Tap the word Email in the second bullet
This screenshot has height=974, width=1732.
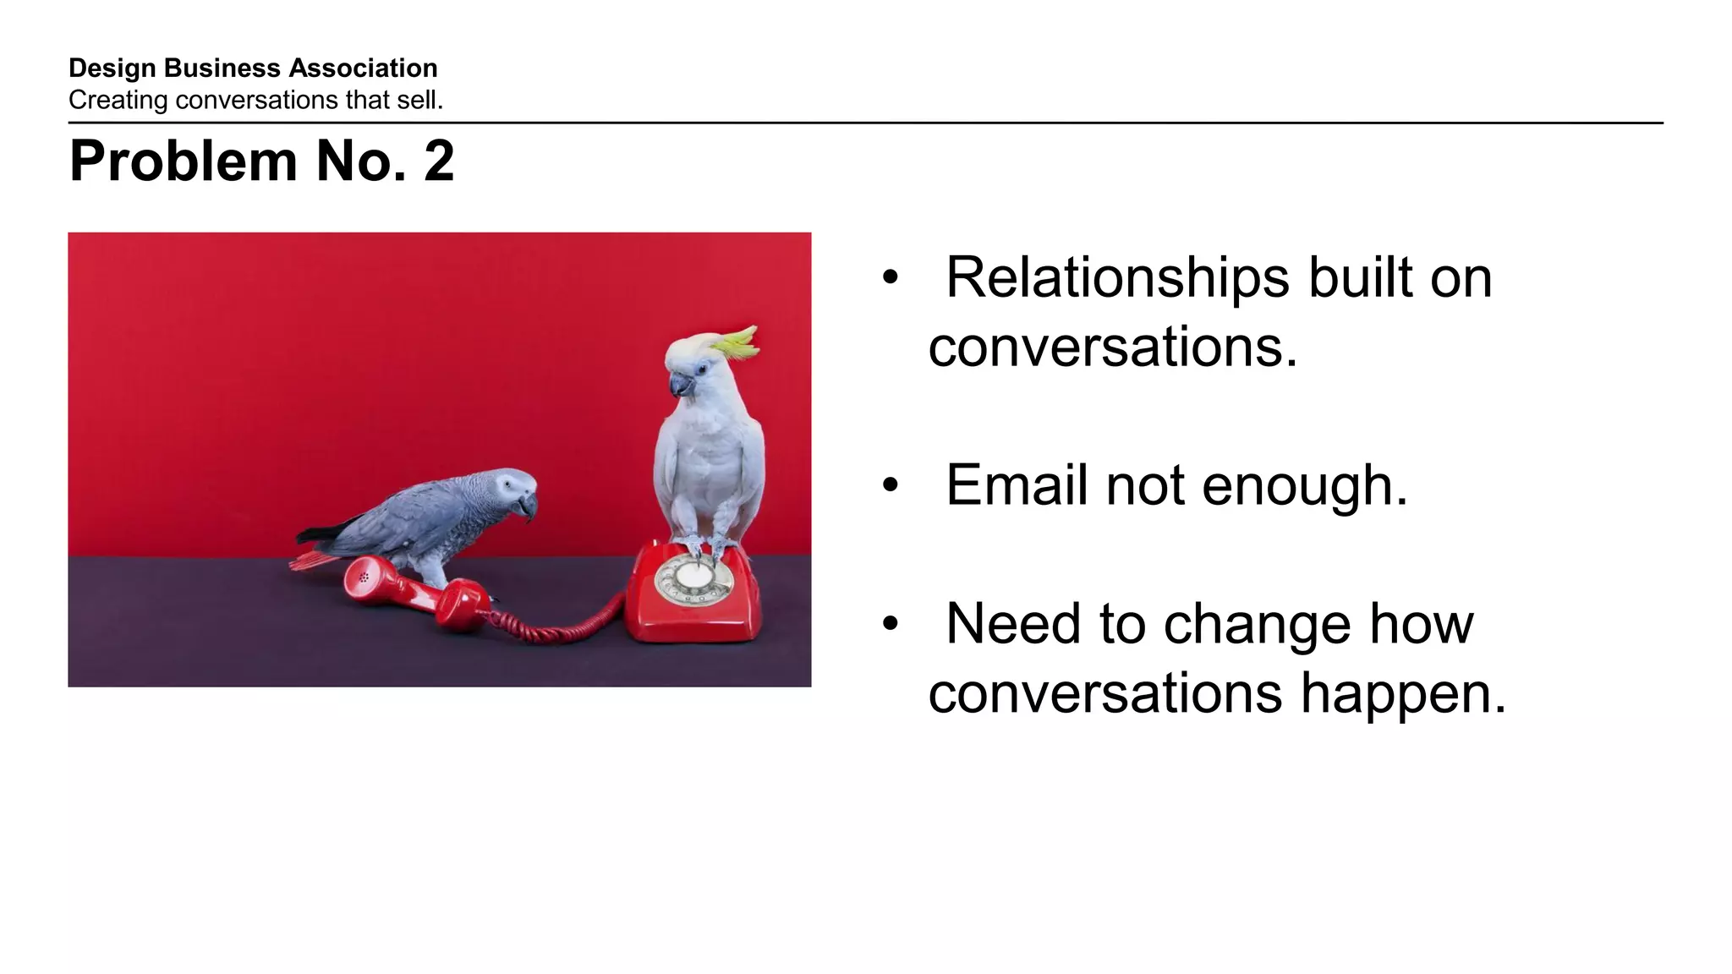click(x=1016, y=485)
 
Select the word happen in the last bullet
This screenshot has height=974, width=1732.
click(x=1403, y=693)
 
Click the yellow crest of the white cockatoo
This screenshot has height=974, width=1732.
click(x=737, y=340)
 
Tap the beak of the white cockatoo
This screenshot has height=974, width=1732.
click(x=680, y=387)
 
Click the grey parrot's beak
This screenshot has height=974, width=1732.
click(x=529, y=506)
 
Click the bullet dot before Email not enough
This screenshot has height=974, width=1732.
click(x=890, y=485)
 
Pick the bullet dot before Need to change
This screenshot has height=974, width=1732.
click(x=890, y=624)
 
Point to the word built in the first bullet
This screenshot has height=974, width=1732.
click(x=1360, y=278)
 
